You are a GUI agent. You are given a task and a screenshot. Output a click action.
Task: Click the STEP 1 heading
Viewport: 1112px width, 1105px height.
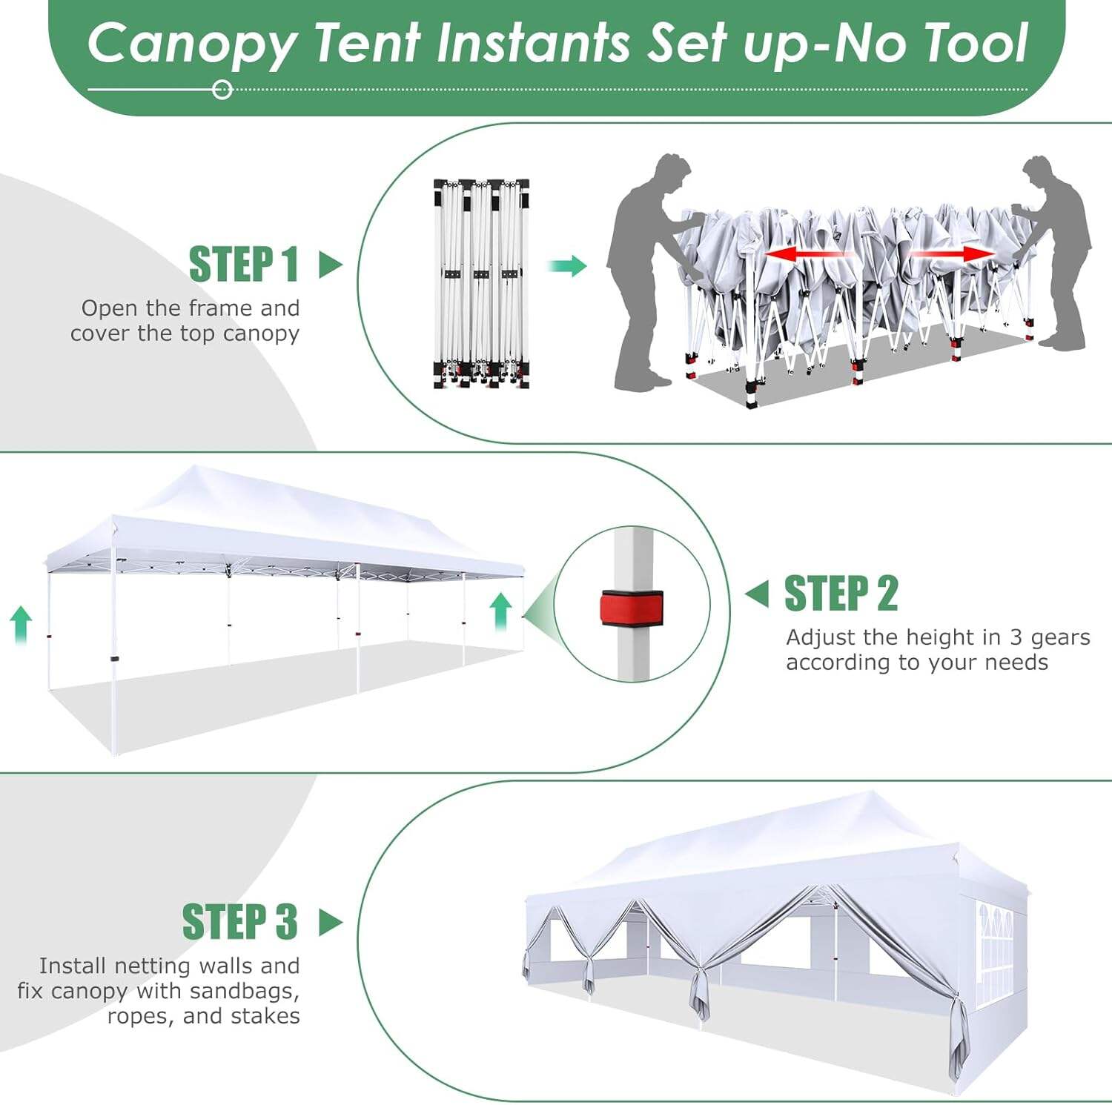[x=243, y=265]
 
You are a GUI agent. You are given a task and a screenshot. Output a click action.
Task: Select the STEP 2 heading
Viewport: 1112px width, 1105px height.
[x=841, y=594]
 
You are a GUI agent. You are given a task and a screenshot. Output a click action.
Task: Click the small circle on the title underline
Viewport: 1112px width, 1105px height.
[x=222, y=90]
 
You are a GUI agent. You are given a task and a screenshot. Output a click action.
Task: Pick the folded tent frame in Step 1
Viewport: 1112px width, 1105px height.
[x=481, y=283]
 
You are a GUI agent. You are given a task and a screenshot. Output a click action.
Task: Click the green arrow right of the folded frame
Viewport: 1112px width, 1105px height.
[x=567, y=266]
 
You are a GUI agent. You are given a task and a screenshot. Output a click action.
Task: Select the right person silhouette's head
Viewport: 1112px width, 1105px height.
[x=1038, y=173]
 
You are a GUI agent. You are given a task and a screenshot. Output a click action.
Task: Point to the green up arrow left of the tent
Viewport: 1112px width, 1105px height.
[x=21, y=624]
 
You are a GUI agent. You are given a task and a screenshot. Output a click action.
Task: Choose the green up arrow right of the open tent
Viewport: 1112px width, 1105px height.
[x=501, y=611]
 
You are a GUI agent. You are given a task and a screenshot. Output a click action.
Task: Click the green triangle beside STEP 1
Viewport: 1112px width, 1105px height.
[x=330, y=265]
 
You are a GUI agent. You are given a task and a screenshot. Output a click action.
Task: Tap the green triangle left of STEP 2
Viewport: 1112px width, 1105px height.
[x=757, y=594]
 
